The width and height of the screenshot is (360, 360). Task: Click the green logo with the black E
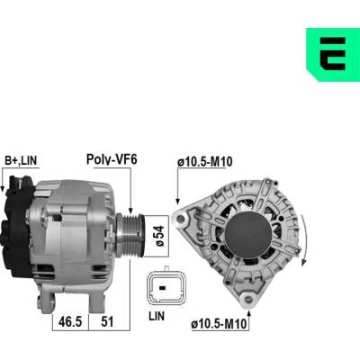333,55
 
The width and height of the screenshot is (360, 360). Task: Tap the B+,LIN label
21,160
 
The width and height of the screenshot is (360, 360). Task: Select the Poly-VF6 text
112,159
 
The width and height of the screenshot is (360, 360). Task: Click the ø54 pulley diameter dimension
160,236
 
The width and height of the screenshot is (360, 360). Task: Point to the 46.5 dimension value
70,322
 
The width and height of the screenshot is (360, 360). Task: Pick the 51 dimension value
107,322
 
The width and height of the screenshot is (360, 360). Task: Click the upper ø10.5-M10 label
205,162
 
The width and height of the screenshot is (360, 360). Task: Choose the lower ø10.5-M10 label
219,324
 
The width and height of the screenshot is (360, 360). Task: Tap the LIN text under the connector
157,316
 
